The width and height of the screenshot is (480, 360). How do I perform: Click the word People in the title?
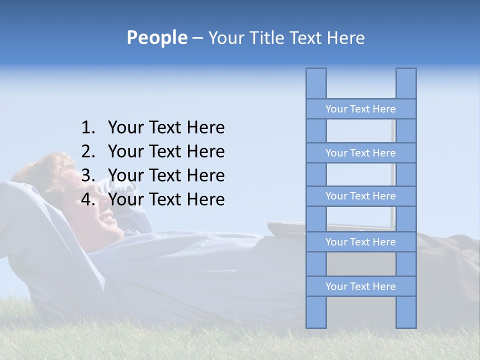pos(156,38)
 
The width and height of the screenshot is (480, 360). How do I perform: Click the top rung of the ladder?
pos(360,109)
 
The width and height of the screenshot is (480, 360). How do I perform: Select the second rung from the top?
pos(360,153)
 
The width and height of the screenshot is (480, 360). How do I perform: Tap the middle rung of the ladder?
pos(360,196)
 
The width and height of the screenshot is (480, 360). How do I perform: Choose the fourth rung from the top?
pos(360,242)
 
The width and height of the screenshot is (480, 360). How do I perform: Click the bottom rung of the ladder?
pos(360,286)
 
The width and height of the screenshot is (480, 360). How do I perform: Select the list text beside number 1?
pos(166,128)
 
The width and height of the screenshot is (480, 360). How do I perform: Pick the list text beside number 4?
pos(166,199)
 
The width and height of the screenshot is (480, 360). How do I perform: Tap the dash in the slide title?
pos(197,38)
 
